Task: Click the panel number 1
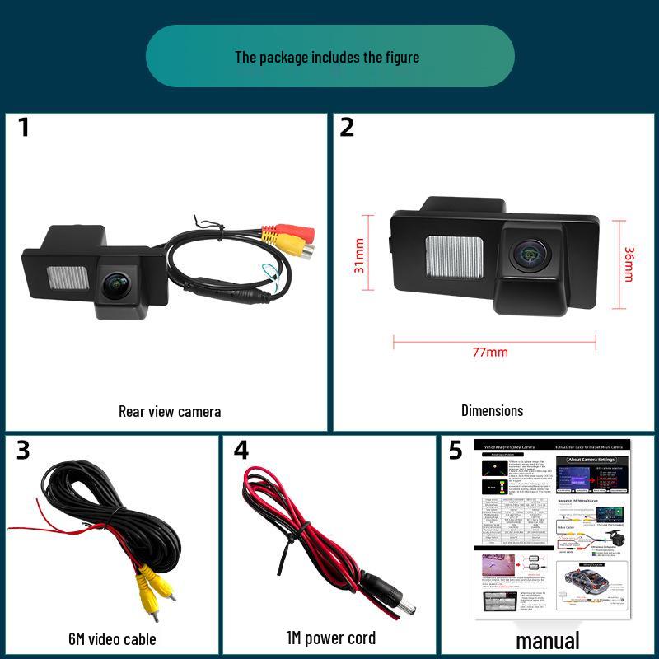tap(23, 128)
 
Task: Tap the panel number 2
tap(347, 128)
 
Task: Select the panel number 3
tap(23, 450)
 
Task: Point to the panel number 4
tap(241, 450)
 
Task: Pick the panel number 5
tap(456, 450)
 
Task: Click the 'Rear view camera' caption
tap(170, 411)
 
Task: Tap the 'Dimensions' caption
tap(492, 410)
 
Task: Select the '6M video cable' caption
tap(112, 638)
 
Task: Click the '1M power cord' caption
tap(330, 638)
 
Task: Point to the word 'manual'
tap(548, 640)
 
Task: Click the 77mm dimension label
tap(490, 353)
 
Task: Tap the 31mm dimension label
tap(358, 256)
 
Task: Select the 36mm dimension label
tap(629, 264)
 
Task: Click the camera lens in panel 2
tap(526, 255)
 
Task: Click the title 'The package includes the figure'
tap(327, 57)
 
